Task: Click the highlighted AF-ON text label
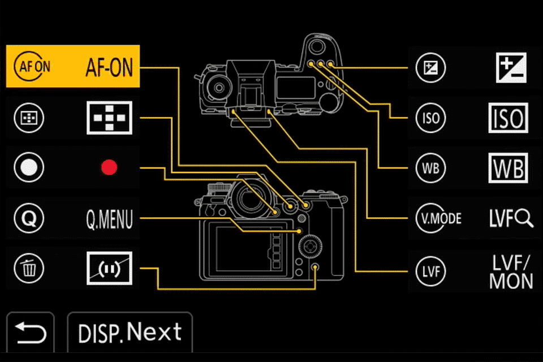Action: tap(109, 67)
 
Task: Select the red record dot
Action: tap(109, 167)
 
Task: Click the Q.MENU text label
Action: tap(109, 218)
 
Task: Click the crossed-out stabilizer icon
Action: tap(109, 268)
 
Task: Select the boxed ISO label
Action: tap(507, 118)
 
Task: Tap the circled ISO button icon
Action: tap(430, 118)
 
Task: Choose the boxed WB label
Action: tap(507, 168)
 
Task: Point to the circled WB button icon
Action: tap(430, 168)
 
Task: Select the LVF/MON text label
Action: tap(511, 271)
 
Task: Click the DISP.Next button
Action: tap(130, 331)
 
